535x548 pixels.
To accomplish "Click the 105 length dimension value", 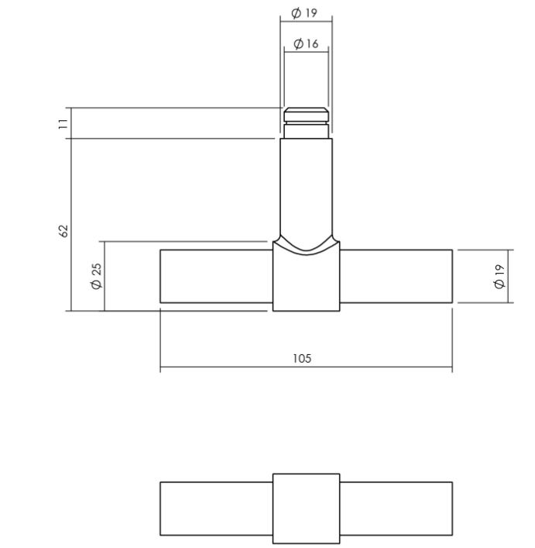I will (302, 358).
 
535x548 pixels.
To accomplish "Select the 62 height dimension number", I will (64, 230).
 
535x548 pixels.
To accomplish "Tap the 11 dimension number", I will (64, 123).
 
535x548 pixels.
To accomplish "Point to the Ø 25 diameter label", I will (96, 276).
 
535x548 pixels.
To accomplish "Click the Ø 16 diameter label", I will (306, 44).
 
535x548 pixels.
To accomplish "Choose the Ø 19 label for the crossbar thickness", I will (499, 276).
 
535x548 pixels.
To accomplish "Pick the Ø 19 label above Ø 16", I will (304, 13).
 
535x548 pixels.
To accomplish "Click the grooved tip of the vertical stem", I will (306, 119).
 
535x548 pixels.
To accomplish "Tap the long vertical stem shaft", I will (306, 186).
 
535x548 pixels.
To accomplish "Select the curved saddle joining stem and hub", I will (306, 245).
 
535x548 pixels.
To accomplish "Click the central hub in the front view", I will (306, 283).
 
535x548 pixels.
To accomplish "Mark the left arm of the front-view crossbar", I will (216, 276).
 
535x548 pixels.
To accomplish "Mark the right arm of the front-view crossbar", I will (396, 276).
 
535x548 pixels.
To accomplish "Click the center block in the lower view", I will (306, 508).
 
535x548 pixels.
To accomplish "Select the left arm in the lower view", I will (216, 508).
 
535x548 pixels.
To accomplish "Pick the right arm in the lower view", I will (396, 508).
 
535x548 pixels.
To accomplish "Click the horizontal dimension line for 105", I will (232, 367).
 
